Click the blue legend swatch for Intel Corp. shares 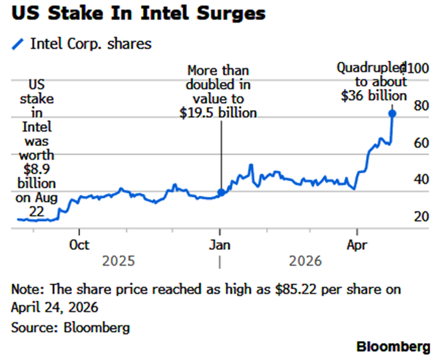click(18, 44)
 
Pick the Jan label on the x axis click(220, 244)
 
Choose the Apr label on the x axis click(357, 244)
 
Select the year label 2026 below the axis click(305, 261)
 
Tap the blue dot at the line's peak click(392, 114)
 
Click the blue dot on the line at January click(220, 193)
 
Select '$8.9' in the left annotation click(35, 169)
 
